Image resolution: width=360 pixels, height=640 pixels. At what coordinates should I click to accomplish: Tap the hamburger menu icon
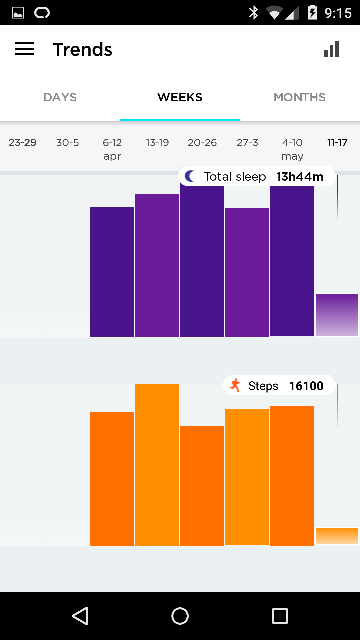(x=24, y=49)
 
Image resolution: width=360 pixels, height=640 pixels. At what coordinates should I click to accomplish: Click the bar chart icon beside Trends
(x=332, y=49)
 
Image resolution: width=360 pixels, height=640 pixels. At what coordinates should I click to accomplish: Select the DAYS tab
(x=60, y=97)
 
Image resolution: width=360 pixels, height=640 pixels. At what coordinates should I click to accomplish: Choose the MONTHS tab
(x=299, y=97)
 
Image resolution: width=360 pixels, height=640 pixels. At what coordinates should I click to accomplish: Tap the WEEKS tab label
(x=180, y=97)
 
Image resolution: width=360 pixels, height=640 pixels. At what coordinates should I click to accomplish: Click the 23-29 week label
(x=22, y=143)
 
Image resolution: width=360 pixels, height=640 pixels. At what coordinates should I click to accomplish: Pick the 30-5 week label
(x=67, y=143)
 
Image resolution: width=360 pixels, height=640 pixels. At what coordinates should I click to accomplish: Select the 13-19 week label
(x=157, y=143)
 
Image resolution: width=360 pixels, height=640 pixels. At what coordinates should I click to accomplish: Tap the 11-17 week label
(x=337, y=143)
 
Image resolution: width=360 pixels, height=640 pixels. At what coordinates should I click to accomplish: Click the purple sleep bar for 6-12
(x=112, y=272)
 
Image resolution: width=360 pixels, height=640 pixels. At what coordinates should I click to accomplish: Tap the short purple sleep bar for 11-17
(x=337, y=315)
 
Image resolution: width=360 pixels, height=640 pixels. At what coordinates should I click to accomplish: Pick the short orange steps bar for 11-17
(x=337, y=536)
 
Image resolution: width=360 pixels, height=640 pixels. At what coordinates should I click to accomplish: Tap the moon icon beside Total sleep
(x=190, y=176)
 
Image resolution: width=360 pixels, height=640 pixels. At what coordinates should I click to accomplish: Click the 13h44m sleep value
(x=300, y=177)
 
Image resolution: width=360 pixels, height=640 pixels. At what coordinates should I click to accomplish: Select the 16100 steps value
(x=306, y=386)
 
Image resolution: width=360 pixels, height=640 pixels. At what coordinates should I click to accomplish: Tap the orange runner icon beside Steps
(x=235, y=385)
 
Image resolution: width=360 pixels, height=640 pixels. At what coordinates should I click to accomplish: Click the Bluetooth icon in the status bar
(x=254, y=13)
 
